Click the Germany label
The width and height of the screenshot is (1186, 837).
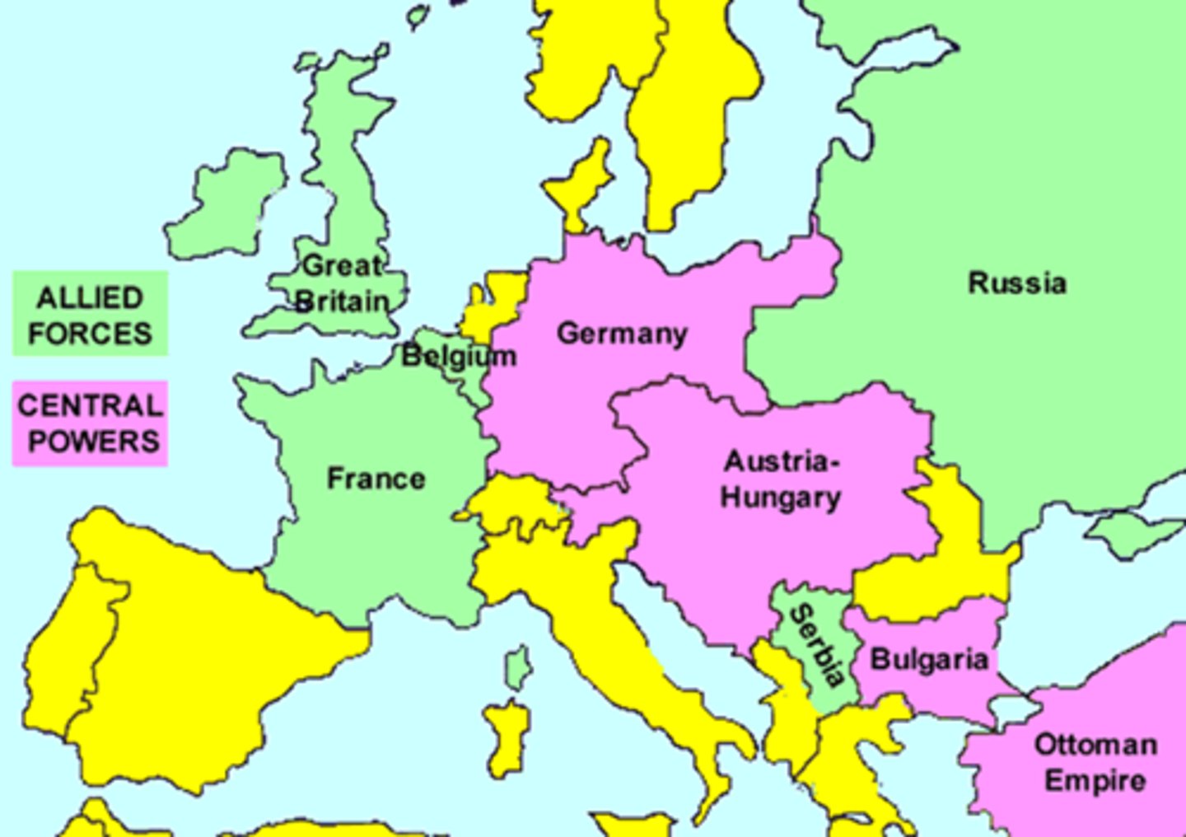coord(622,334)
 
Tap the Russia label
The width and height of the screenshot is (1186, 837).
coord(1017,283)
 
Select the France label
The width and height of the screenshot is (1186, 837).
coord(376,478)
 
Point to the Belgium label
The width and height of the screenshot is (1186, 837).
coord(459,356)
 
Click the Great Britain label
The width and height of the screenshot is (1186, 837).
coord(341,283)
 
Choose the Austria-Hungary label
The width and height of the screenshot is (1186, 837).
coord(780,479)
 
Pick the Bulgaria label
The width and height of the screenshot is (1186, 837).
coord(929,659)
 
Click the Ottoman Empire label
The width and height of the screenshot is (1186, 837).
coord(1095,762)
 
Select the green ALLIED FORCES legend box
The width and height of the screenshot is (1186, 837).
coord(90,315)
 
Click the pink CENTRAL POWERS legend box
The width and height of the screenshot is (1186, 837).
coord(90,423)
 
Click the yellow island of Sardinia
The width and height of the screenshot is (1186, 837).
coord(506,737)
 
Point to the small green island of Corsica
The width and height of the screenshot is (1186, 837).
coord(518,667)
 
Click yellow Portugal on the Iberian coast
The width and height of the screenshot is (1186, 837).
coord(70,651)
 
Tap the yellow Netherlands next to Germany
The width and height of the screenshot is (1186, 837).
coord(494,305)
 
